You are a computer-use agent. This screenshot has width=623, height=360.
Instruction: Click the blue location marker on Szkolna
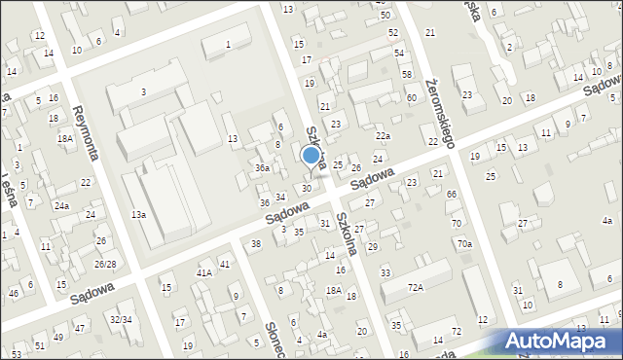click(x=311, y=155)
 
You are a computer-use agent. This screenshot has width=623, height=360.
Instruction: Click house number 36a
click(x=262, y=168)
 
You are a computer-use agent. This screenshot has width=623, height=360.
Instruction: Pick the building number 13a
click(x=139, y=214)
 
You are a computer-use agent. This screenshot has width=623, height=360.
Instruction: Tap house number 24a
click(x=61, y=206)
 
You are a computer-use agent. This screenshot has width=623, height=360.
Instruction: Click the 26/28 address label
click(x=105, y=265)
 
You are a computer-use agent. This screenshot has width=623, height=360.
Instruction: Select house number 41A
click(x=203, y=273)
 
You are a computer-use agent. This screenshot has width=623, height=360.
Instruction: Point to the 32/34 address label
click(x=121, y=319)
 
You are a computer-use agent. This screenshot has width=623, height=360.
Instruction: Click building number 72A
click(x=416, y=288)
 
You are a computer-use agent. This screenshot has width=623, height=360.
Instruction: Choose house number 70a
click(x=464, y=243)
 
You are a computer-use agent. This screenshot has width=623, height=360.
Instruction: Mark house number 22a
click(x=383, y=136)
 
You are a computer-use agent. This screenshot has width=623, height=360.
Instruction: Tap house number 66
click(x=452, y=195)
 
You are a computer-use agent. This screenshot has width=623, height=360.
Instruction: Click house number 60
click(x=412, y=98)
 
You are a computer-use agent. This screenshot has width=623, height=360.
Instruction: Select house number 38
click(x=255, y=243)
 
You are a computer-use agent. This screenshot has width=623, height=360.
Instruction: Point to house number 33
click(x=385, y=272)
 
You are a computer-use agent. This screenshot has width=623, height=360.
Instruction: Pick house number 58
click(x=406, y=75)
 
